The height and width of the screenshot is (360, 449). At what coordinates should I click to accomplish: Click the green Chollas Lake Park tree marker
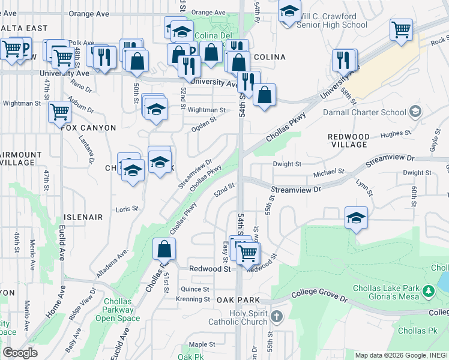click(x=428, y=292)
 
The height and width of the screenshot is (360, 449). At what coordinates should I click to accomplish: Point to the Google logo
click(x=20, y=353)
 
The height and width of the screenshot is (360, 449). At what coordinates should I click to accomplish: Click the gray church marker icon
click(x=276, y=316)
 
